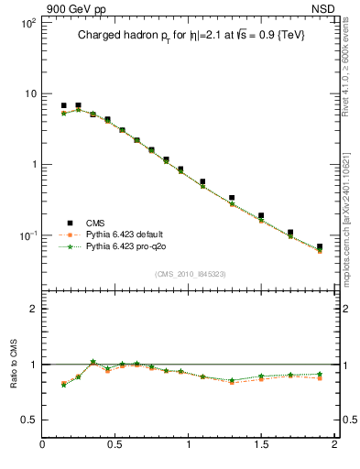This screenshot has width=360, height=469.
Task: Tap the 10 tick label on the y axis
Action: (28, 93)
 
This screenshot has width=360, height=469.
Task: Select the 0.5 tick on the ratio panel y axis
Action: (27, 420)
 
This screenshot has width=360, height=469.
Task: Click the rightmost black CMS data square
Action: (320, 246)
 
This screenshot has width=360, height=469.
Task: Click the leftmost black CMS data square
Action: (63, 106)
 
